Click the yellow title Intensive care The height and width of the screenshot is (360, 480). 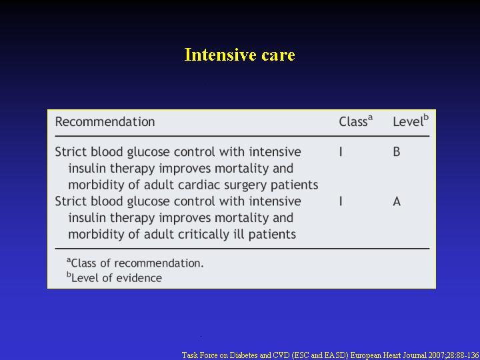[240, 55]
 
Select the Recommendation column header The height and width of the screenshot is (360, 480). [105, 122]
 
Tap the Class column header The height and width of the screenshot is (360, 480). [356, 121]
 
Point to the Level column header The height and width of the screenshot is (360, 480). [411, 121]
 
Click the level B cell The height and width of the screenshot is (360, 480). [397, 152]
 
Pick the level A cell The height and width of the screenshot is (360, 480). [397, 201]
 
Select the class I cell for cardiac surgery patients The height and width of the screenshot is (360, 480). [341, 152]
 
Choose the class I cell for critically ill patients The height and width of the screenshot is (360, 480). [341, 201]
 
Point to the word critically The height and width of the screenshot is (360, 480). [204, 235]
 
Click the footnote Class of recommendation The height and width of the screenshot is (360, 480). [135, 263]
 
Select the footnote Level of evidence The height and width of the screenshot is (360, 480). [114, 277]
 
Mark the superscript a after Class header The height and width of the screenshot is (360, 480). [370, 117]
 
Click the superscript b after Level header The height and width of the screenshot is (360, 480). [426, 116]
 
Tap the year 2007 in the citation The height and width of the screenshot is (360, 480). [433, 355]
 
